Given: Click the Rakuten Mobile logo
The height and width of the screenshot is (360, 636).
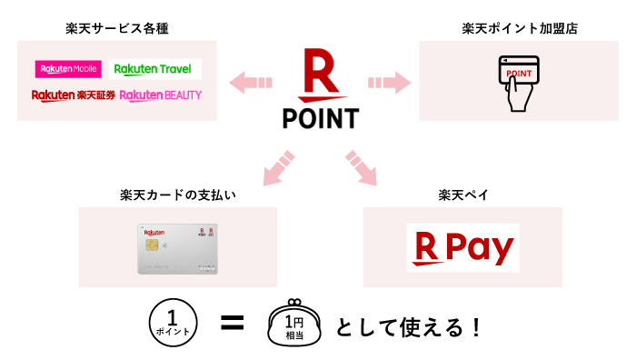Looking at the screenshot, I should [x=68, y=69].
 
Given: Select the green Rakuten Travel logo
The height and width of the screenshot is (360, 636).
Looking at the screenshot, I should [x=155, y=69].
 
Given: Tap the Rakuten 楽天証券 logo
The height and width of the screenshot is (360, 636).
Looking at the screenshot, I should [x=73, y=95].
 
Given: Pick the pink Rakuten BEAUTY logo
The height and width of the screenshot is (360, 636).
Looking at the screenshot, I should [x=161, y=95].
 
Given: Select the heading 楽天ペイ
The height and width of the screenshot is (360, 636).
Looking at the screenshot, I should [x=462, y=195].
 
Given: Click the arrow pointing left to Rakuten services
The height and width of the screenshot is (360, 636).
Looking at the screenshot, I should [x=251, y=83].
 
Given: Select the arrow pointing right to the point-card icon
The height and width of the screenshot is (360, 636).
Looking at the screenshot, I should [x=385, y=83].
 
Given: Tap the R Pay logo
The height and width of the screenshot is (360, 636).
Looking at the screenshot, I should [x=462, y=247].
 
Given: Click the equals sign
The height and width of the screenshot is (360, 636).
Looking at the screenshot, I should [x=232, y=323].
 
